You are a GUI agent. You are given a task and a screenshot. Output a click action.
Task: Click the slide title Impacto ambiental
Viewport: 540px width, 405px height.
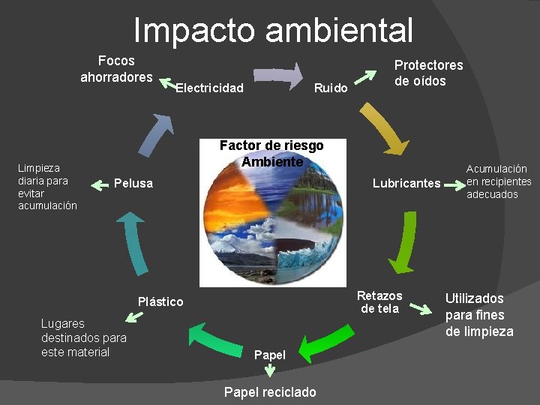(x=273, y=31)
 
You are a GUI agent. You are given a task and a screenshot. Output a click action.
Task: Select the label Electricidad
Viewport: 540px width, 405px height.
(x=209, y=88)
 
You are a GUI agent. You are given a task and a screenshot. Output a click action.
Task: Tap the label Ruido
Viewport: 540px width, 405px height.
(x=331, y=88)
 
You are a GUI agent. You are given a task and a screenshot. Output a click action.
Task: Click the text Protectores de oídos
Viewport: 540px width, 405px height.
(x=429, y=73)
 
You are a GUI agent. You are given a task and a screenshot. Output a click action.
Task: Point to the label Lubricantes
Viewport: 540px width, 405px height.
(x=406, y=184)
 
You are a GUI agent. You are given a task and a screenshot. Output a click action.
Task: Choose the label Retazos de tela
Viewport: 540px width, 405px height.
(x=379, y=302)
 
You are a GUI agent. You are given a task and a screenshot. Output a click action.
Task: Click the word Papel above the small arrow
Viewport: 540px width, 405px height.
(x=270, y=355)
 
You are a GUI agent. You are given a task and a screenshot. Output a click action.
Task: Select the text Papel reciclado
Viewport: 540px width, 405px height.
(x=270, y=392)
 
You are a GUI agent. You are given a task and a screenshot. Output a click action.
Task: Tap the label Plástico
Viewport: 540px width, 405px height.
(x=160, y=301)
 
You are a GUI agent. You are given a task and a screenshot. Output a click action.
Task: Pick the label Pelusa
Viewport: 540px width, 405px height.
(x=133, y=184)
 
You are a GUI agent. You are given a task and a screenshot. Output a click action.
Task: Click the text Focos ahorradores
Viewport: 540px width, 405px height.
(x=116, y=69)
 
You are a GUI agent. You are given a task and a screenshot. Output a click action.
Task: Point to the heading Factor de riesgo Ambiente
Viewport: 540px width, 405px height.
(x=271, y=154)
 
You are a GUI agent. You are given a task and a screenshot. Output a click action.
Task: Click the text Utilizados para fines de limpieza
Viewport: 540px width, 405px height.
(x=479, y=315)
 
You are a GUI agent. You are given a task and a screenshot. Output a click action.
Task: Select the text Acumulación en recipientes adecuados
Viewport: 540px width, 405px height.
(x=499, y=181)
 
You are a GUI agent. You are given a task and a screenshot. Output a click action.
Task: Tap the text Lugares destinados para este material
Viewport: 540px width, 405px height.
(x=83, y=337)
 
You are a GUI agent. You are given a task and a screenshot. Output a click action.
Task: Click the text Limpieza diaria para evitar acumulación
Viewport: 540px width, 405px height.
(x=47, y=187)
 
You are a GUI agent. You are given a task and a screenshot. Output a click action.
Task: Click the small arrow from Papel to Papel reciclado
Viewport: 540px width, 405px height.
(x=270, y=370)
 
